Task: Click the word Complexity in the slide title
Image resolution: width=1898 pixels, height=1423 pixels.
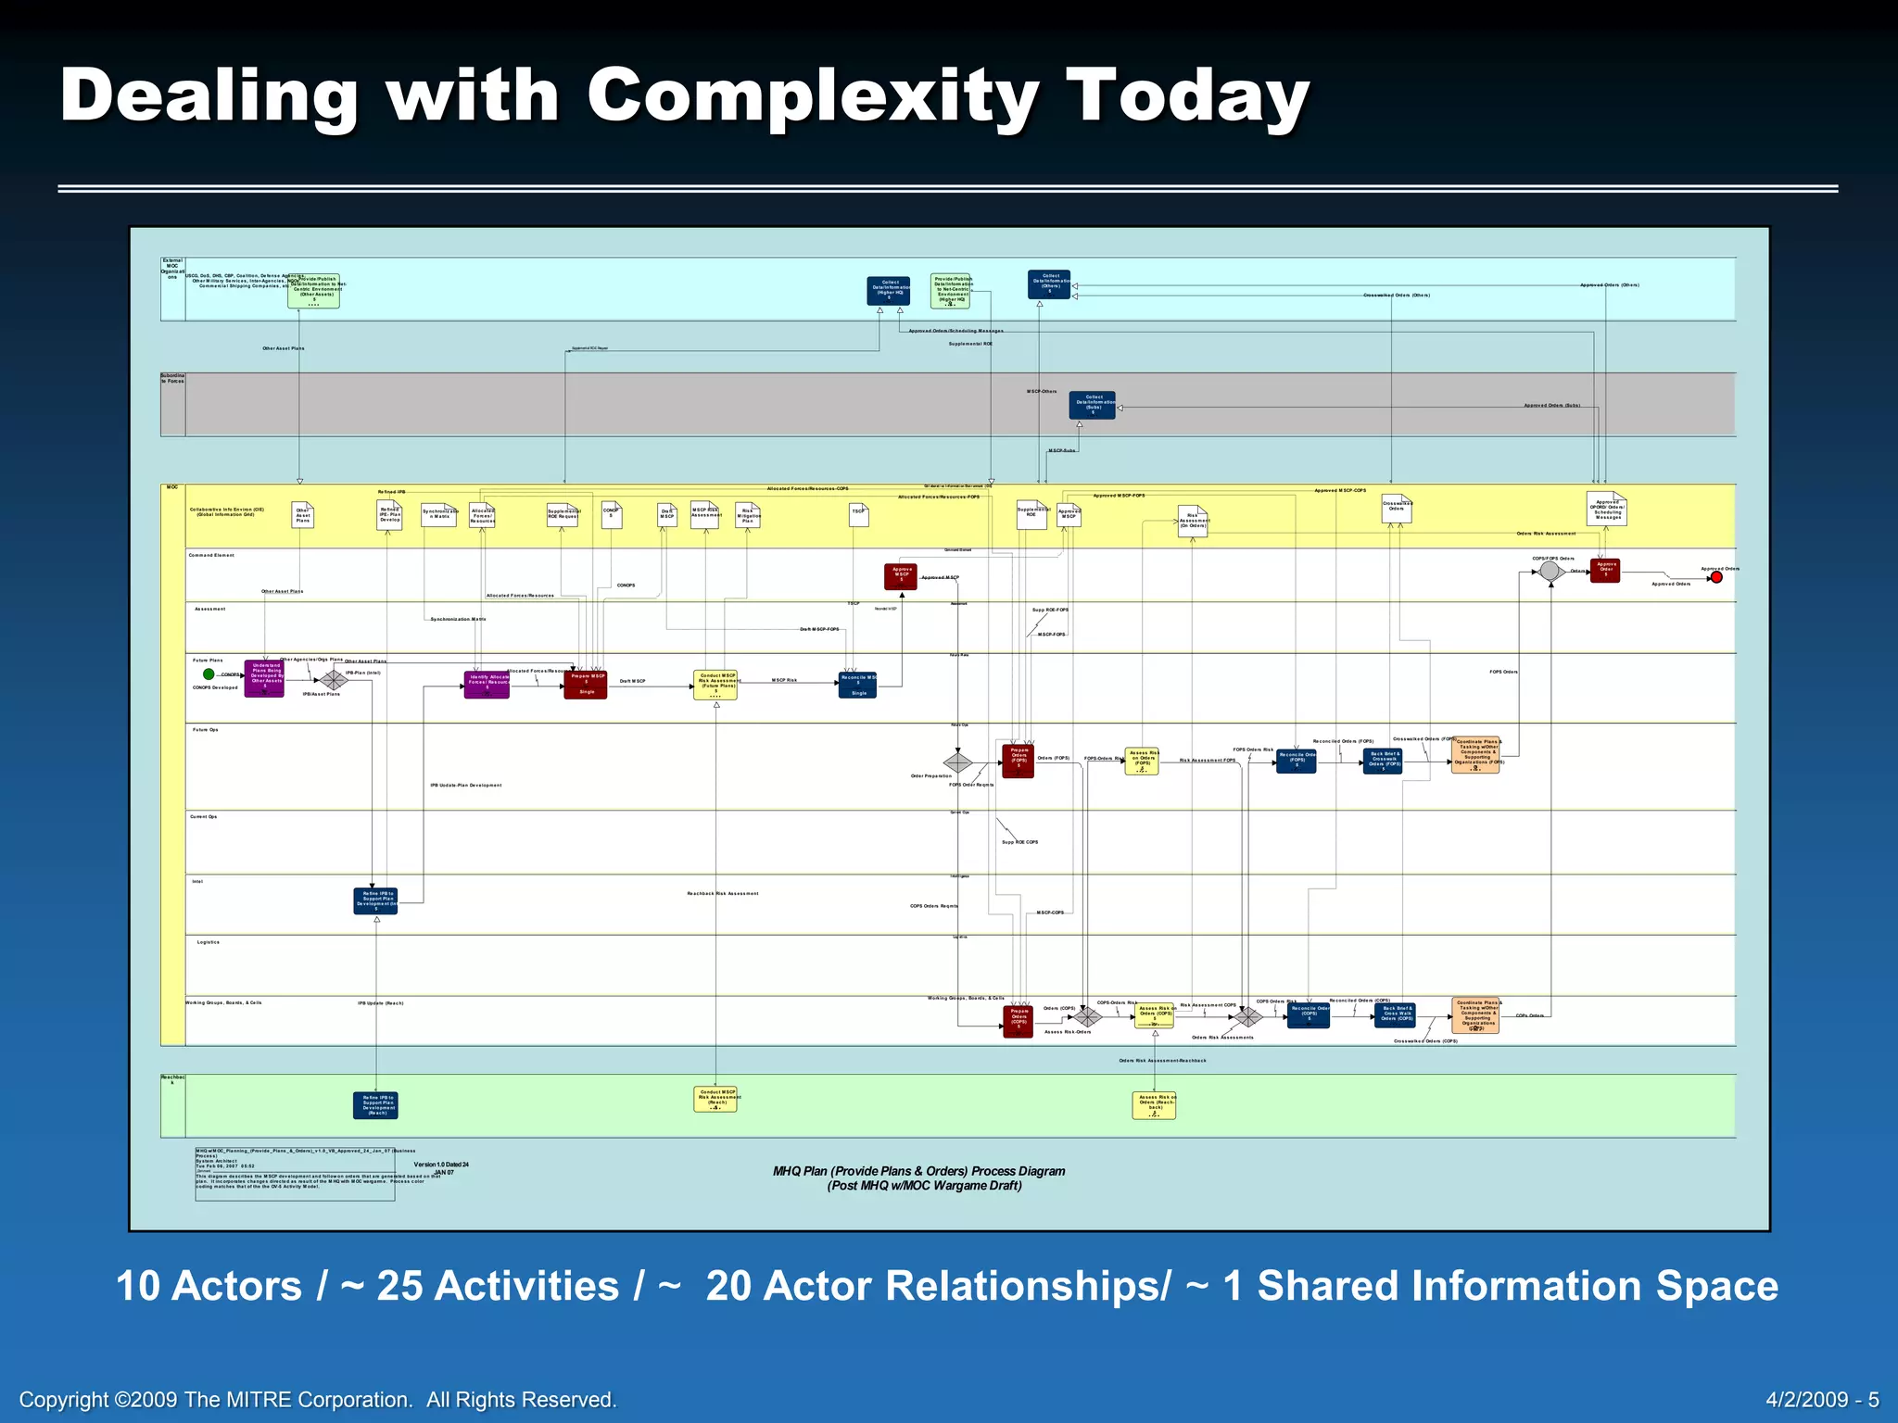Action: [812, 95]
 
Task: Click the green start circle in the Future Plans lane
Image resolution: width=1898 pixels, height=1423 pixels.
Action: [209, 674]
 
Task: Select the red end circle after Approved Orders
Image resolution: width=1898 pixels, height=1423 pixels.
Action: [1716, 577]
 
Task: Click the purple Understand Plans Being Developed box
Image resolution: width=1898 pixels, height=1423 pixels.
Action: [264, 679]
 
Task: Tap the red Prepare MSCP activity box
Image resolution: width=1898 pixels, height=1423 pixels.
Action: [586, 684]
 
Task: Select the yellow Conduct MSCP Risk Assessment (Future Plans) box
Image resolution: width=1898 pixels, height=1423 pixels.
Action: [715, 685]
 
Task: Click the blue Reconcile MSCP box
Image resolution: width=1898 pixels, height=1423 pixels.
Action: [857, 685]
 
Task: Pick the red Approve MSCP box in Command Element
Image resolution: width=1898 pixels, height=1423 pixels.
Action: [901, 576]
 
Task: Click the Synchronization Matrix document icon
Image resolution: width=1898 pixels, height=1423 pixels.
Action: [438, 515]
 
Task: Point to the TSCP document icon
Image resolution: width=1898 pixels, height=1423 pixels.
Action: [859, 515]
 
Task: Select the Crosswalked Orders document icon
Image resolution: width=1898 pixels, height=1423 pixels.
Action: [1397, 509]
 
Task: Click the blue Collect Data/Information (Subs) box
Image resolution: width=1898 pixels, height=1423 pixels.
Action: [1093, 405]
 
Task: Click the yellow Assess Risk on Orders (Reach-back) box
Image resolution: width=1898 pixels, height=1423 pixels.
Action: [1154, 1105]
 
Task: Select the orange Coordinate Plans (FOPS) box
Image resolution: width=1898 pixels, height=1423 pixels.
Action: [1475, 755]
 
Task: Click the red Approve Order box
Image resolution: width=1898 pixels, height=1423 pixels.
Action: [1605, 570]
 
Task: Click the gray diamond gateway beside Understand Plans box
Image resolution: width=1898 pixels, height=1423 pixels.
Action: [334, 681]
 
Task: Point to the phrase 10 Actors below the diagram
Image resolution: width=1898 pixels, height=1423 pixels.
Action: [209, 1286]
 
